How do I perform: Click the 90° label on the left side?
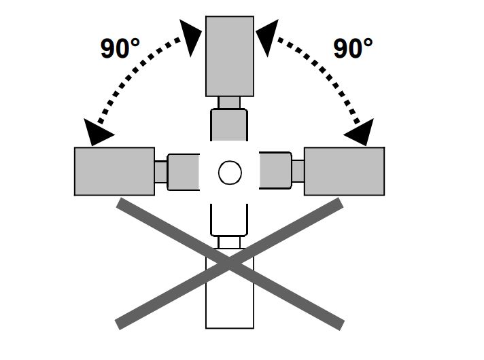(x=120, y=48)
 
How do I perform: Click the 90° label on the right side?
(x=353, y=48)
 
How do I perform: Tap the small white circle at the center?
(x=230, y=173)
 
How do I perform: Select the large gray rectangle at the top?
(x=230, y=56)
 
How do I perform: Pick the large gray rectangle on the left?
(x=114, y=171)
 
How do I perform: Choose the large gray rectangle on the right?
(x=345, y=171)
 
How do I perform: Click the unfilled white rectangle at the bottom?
(x=230, y=289)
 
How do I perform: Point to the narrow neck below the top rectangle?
(x=229, y=103)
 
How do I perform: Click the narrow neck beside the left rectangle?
(x=161, y=172)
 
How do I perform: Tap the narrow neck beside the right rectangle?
(x=298, y=171)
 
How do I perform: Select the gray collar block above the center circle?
(x=229, y=124)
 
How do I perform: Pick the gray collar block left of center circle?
(x=184, y=172)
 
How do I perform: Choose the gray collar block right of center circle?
(x=275, y=170)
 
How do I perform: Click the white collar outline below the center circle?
(x=229, y=220)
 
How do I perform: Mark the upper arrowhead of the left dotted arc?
(x=190, y=37)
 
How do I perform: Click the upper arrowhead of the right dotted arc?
(x=268, y=37)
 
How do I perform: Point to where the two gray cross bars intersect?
(x=229, y=264)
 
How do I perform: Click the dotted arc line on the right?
(x=328, y=75)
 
